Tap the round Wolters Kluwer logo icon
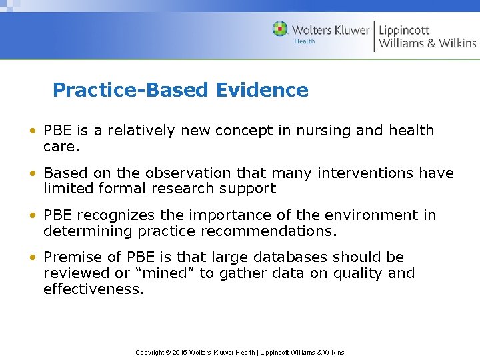[280, 29]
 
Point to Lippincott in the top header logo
[404, 29]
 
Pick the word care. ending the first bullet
[61, 146]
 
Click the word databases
[288, 257]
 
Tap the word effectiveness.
[93, 289]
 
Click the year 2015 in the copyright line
[179, 352]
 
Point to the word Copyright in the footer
[150, 352]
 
